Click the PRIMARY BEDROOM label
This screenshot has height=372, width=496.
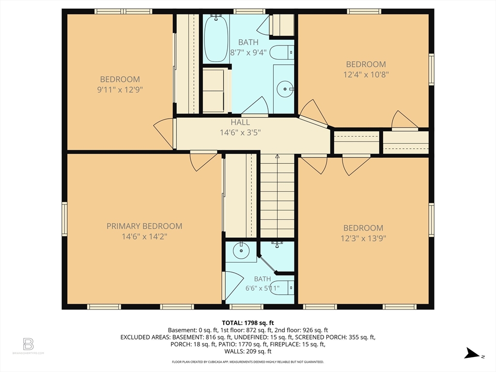(x=144, y=226)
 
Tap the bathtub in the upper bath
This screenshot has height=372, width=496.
(x=216, y=38)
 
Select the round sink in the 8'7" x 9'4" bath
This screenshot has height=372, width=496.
(x=285, y=89)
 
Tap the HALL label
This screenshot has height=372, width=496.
(x=240, y=123)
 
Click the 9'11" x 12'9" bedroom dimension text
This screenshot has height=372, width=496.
(x=120, y=90)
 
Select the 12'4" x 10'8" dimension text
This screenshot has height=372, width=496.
(x=366, y=75)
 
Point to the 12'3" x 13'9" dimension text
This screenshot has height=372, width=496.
(x=363, y=238)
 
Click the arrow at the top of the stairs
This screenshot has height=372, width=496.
(x=277, y=156)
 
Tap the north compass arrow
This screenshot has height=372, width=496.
(x=472, y=353)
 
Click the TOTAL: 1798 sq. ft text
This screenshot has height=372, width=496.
(x=248, y=323)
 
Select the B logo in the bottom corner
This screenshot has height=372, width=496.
(x=28, y=344)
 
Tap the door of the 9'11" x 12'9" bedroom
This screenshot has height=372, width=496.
(x=164, y=134)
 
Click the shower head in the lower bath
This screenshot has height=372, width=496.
(x=277, y=244)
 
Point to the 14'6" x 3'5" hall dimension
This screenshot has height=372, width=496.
(x=240, y=133)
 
